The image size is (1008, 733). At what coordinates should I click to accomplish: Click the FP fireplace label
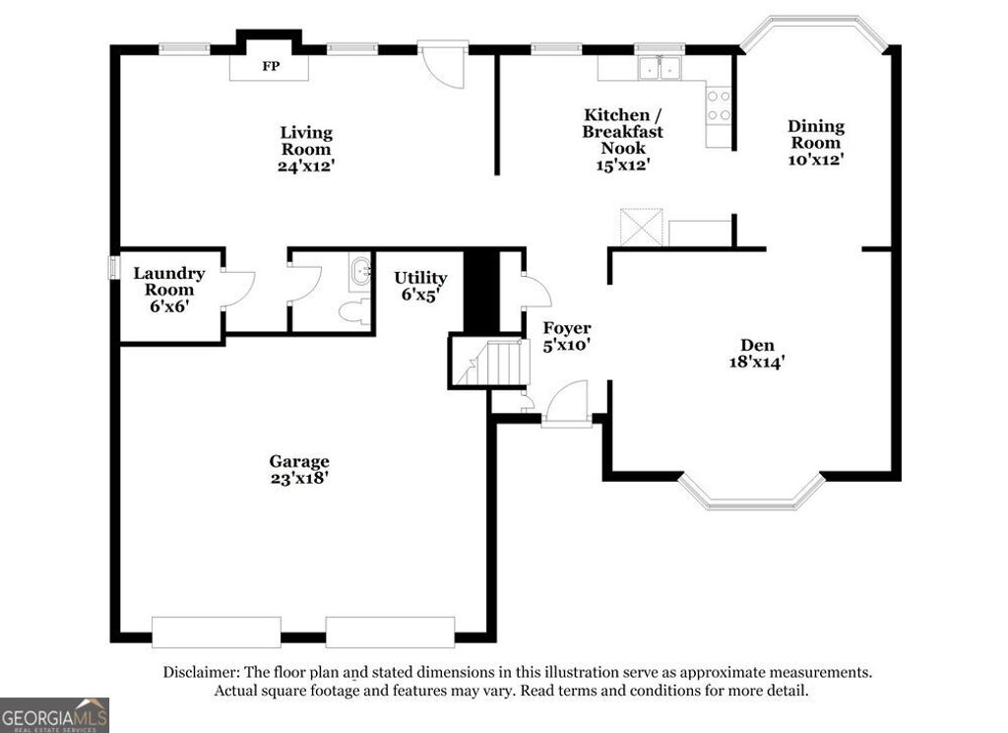pos(269,68)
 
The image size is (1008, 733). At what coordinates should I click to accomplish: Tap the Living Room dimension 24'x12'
pos(306,167)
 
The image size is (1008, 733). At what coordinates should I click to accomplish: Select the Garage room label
pos(299,461)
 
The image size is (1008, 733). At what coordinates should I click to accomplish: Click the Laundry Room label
pos(169,282)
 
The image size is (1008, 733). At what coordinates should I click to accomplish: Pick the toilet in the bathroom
pos(352,311)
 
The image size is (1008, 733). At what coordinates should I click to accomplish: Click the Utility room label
pos(420,278)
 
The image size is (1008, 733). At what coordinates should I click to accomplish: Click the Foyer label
pos(567,328)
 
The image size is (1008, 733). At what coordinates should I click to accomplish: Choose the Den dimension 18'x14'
pos(756,362)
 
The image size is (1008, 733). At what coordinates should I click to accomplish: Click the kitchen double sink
pos(660,67)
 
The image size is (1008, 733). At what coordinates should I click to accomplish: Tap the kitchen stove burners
pos(719,105)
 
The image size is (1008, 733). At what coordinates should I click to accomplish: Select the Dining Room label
pos(816,134)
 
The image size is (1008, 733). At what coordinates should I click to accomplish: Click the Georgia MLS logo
pos(54,714)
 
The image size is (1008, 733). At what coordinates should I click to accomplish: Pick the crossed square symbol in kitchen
pos(639,228)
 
